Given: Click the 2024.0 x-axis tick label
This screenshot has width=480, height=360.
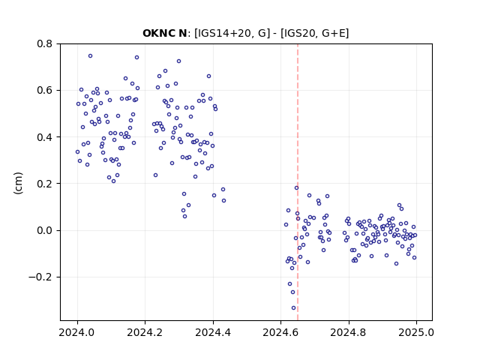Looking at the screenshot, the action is (77, 332).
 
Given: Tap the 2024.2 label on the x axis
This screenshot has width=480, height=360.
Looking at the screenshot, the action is (145, 332).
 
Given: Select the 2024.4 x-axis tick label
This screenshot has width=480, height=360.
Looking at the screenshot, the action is (213, 332).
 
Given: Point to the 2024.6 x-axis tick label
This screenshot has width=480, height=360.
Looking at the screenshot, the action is (280, 332).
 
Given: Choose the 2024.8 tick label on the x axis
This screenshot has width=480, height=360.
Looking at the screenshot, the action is (348, 332).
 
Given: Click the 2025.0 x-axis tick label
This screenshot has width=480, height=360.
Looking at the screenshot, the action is (416, 332).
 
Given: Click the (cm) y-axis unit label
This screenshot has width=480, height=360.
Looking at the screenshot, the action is (18, 183).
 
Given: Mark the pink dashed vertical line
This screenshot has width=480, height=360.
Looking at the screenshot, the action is (298, 182).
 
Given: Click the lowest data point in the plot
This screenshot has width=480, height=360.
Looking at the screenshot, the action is (293, 308).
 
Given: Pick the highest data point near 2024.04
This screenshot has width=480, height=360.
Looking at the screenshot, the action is (90, 56).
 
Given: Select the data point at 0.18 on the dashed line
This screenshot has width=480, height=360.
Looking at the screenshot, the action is (296, 188).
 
